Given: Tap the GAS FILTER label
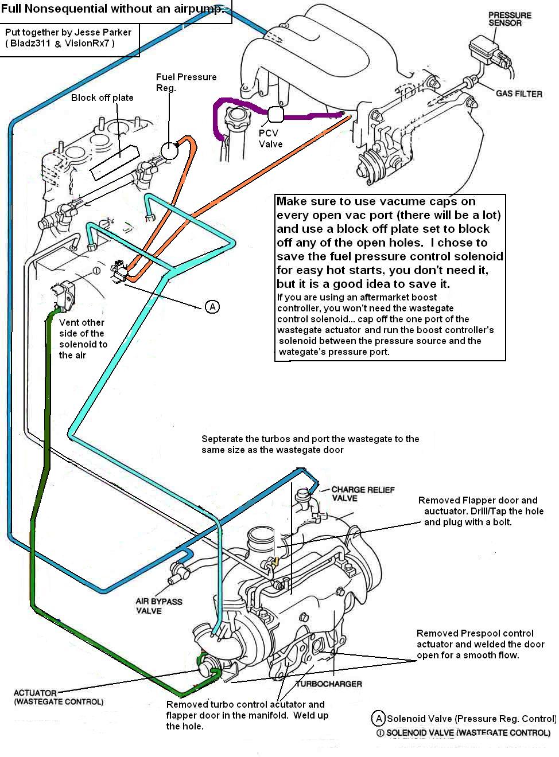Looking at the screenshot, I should coord(519,93).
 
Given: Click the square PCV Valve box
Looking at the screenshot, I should coord(275,115).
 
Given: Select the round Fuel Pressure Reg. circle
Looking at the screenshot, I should coord(170,150).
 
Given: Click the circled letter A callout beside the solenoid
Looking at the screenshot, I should coord(212,307).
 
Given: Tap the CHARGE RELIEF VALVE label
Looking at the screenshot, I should coord(356,494).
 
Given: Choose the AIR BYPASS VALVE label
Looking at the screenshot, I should coord(159,606).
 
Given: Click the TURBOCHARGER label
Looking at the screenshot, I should coord(329,684).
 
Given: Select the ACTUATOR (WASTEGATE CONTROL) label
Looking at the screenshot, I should coord(59,697).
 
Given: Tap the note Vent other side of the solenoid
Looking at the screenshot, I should coord(83,338).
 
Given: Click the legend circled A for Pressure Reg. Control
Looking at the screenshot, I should coord(378,718).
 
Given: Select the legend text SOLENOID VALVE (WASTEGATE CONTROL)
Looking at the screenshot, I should coord(468,732).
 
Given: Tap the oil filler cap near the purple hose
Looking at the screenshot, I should coord(236,120).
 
